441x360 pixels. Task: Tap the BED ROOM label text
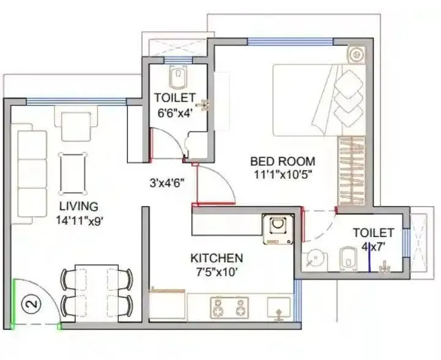pos(283,162)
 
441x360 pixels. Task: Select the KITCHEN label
pos(217,258)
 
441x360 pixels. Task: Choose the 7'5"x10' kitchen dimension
pos(217,272)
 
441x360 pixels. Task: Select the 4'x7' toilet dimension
pos(372,246)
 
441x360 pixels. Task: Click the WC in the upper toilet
pos(177,76)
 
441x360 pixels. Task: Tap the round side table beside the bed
pos(356,54)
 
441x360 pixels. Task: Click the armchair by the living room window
pos(76,123)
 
